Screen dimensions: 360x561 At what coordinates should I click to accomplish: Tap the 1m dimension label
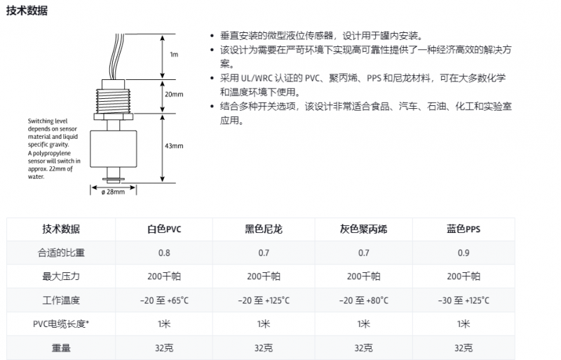click(175, 54)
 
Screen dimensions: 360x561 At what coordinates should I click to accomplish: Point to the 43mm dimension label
click(173, 146)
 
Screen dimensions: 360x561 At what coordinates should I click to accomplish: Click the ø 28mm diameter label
click(113, 192)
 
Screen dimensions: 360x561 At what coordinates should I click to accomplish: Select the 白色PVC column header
click(163, 229)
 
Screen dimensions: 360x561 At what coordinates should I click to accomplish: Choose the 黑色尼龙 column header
click(263, 229)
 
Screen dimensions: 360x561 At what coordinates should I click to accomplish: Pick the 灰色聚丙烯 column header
click(363, 229)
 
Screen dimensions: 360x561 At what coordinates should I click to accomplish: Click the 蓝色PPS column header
click(463, 229)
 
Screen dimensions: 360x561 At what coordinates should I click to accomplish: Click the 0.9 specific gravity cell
click(463, 253)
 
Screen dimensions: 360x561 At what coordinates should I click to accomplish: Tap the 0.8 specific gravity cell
click(163, 253)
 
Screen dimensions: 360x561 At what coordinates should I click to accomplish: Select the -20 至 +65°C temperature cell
click(163, 300)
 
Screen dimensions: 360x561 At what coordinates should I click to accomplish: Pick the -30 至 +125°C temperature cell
click(463, 300)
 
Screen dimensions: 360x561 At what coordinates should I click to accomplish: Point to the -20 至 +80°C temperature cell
click(363, 300)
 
